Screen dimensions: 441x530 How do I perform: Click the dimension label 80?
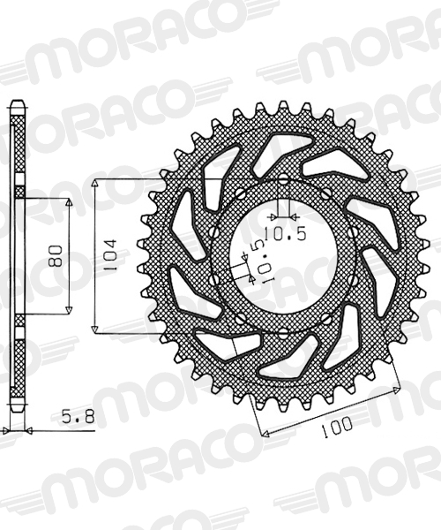(x=56, y=256)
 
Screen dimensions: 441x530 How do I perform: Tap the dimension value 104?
(x=110, y=255)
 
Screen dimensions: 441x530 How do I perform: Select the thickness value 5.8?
(x=78, y=418)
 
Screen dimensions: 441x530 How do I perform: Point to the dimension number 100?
(x=336, y=427)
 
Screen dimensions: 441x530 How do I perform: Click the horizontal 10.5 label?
(x=285, y=233)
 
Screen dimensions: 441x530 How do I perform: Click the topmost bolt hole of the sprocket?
(x=284, y=178)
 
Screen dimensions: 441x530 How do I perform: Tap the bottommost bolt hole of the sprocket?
(x=284, y=335)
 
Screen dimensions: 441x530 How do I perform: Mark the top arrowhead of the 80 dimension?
(x=69, y=202)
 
